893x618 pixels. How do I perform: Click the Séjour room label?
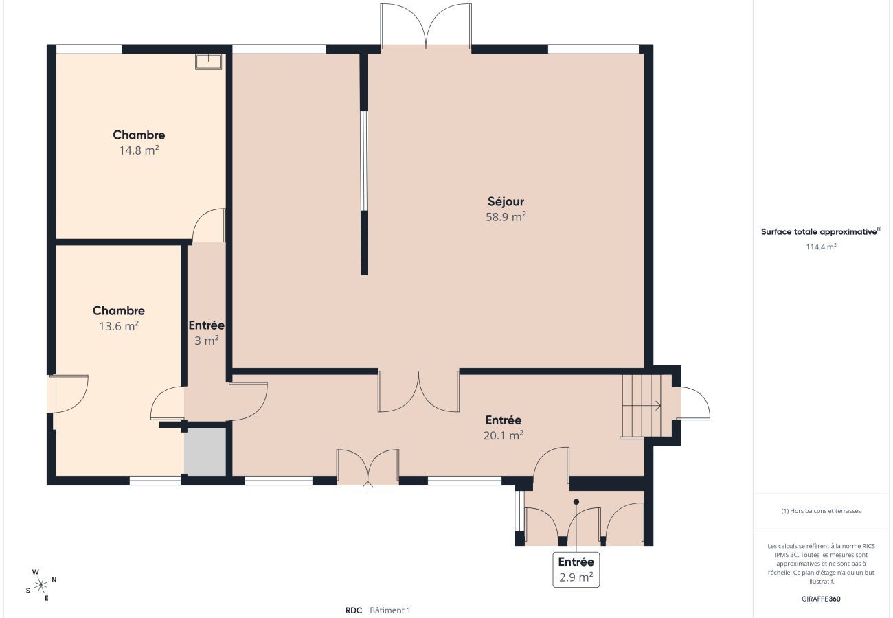(x=506, y=201)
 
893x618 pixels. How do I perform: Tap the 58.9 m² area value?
(x=506, y=217)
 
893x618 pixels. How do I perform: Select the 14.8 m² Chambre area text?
(x=139, y=150)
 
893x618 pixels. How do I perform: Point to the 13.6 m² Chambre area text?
(x=119, y=326)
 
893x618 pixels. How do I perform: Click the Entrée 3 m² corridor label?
(x=206, y=325)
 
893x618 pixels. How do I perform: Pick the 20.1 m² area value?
(x=504, y=435)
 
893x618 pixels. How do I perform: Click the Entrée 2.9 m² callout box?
(x=576, y=570)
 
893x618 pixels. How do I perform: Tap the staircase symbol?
(x=641, y=406)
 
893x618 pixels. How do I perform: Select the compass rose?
(x=41, y=585)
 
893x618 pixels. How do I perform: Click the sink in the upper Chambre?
(x=208, y=62)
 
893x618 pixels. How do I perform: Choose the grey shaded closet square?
(x=205, y=451)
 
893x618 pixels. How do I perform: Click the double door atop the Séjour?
(x=426, y=25)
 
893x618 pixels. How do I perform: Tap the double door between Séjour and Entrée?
(x=418, y=393)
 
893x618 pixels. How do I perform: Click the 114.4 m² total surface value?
(x=821, y=247)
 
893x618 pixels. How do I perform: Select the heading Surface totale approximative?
(x=820, y=231)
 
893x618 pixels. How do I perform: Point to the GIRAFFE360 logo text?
(x=821, y=599)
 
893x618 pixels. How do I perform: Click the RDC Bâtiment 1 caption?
(x=377, y=610)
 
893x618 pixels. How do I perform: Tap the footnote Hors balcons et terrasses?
(x=821, y=511)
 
